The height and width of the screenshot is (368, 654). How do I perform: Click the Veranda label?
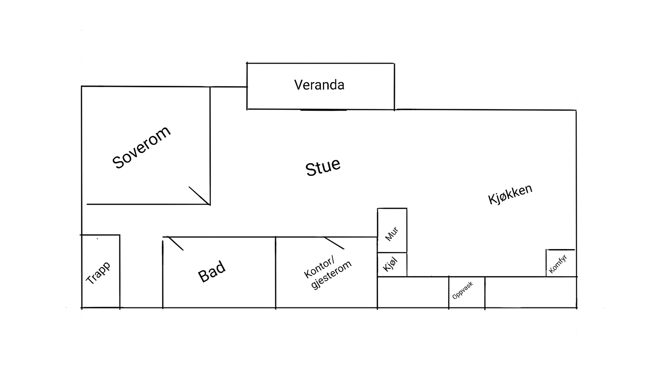coord(319,85)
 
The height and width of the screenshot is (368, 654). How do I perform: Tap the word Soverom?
coord(141,147)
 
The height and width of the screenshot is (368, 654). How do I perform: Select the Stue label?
coord(323,167)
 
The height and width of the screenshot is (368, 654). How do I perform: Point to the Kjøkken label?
coord(510,194)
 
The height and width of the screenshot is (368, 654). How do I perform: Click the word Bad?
coord(211,272)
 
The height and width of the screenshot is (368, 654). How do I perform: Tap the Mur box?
coord(392,230)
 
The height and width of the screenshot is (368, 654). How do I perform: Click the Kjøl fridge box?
coord(392,265)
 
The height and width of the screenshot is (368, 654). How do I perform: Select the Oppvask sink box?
coord(466,292)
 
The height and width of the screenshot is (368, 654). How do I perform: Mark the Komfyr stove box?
coord(561,263)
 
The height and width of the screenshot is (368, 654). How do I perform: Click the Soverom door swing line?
coord(199,195)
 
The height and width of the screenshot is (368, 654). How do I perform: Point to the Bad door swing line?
coord(175,243)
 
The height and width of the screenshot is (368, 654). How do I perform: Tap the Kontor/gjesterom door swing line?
coord(334,243)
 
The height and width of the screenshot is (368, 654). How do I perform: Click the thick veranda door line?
coord(323,110)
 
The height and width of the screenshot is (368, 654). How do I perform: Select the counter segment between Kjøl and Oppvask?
coord(413,292)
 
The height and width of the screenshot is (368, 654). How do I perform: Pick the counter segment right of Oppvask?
coord(530,292)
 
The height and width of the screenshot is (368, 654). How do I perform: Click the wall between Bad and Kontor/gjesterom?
coord(275,272)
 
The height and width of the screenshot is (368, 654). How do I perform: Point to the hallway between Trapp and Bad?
coord(141,272)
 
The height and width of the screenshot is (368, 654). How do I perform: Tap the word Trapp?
coord(98,273)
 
